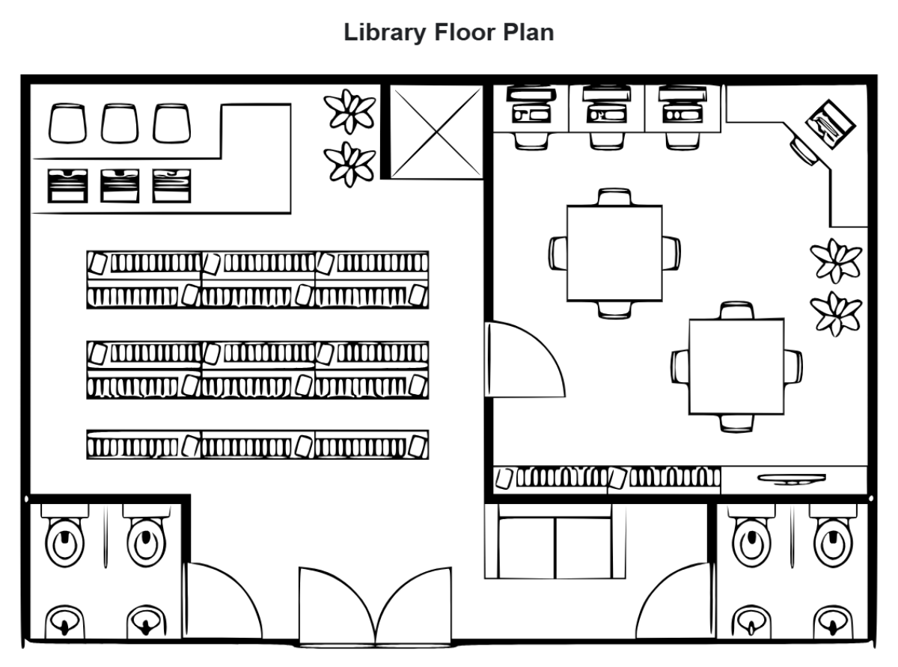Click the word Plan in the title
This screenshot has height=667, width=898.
tap(528, 34)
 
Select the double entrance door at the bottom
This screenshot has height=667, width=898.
tap(376, 607)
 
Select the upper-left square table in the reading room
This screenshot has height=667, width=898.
tap(614, 253)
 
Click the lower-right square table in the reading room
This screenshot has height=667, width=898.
tap(736, 366)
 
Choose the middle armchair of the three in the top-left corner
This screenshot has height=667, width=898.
tap(120, 123)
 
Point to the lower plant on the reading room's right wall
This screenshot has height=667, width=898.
tap(837, 313)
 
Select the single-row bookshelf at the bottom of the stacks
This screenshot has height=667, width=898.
tap(257, 444)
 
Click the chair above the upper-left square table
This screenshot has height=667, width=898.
tap(614, 197)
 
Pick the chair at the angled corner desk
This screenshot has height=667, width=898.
tap(804, 150)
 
